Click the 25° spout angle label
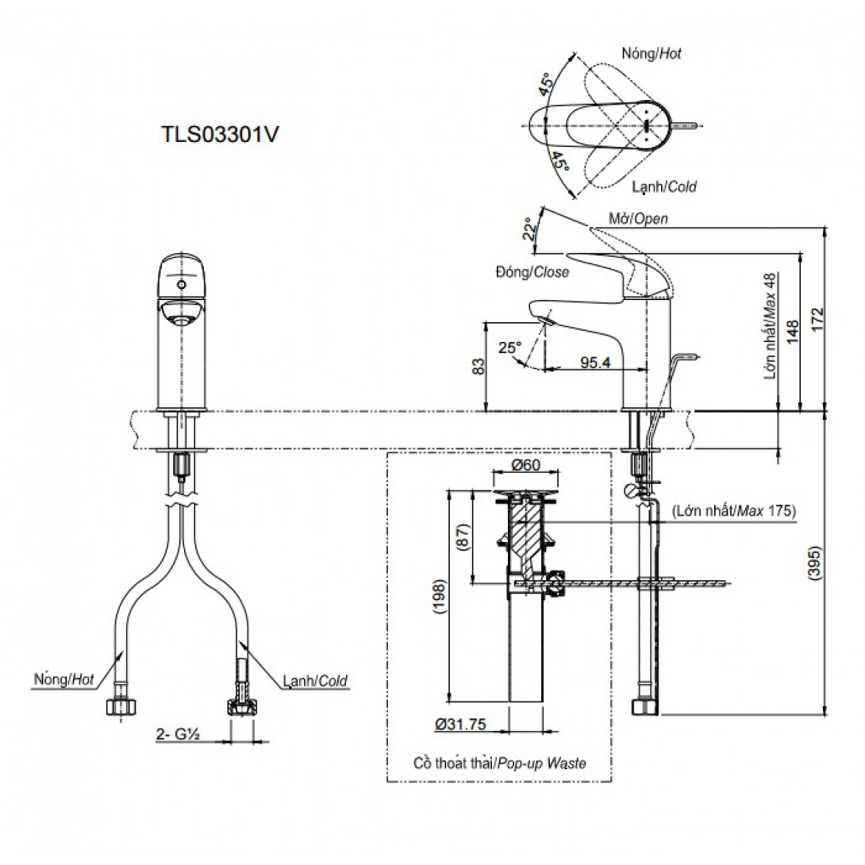pos(509,348)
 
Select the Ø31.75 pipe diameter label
pos(459,723)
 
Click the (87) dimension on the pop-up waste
pos(463,542)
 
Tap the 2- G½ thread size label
pos(177,734)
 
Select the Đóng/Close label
pos(532,271)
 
